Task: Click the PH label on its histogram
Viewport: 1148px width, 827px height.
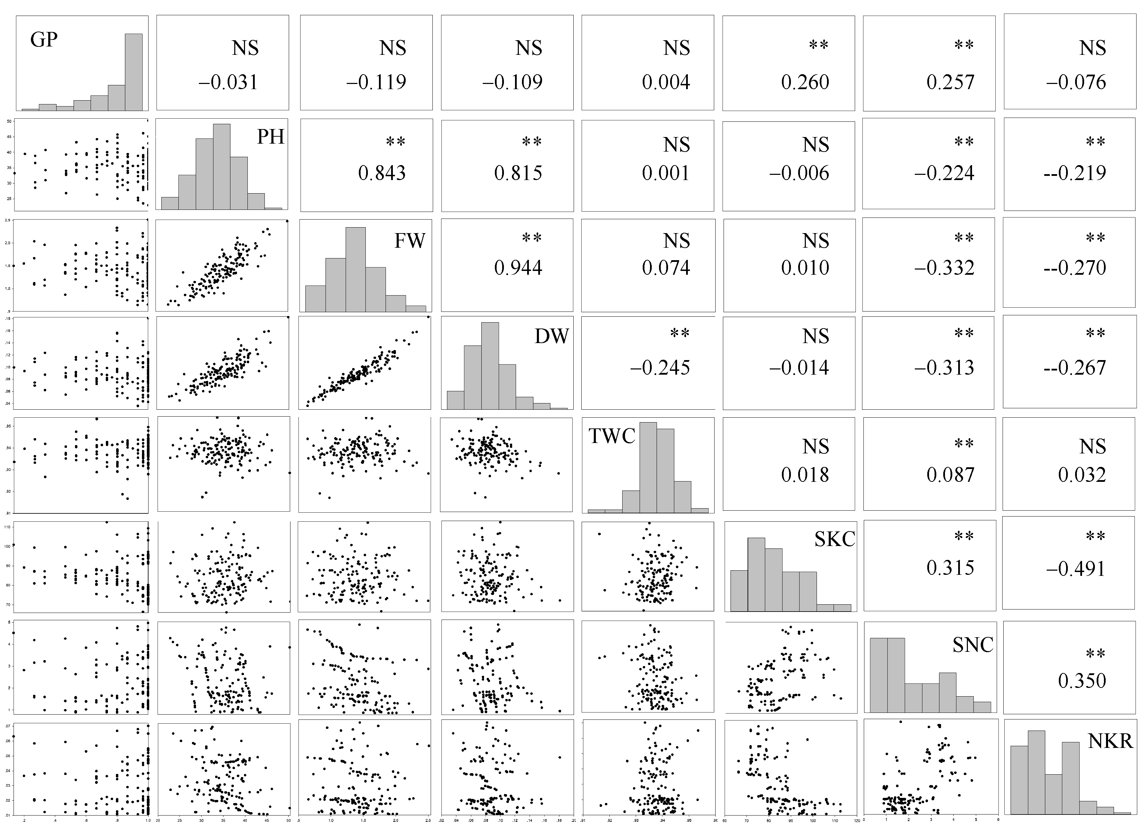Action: [270, 137]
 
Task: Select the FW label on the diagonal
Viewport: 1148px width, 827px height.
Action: [410, 241]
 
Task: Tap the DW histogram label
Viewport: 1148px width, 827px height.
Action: [551, 336]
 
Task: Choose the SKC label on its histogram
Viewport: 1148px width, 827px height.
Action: [834, 539]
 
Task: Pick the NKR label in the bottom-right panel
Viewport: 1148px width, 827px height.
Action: [1110, 741]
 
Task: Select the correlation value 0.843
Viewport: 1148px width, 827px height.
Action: [382, 173]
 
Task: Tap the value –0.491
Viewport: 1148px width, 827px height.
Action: [1075, 568]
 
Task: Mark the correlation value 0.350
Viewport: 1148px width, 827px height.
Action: [1082, 681]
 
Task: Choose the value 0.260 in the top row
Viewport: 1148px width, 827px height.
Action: [805, 82]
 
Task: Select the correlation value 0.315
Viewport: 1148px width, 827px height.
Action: [950, 568]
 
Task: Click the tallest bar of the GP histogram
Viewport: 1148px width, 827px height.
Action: [134, 71]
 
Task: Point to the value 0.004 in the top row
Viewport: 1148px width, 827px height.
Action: [666, 82]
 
